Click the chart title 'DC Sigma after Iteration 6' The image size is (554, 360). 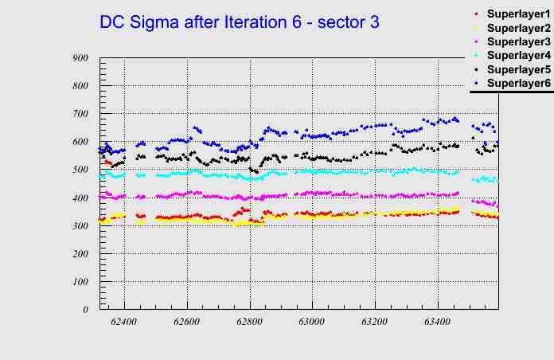(x=239, y=22)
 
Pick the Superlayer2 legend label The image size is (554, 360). (x=518, y=28)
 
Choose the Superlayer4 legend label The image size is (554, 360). (x=518, y=55)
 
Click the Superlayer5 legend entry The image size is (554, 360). (x=518, y=69)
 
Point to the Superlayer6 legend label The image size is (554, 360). (x=518, y=83)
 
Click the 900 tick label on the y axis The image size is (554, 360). (x=80, y=58)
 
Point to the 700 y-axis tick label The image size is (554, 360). (x=80, y=114)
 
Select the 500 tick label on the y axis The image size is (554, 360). (x=80, y=170)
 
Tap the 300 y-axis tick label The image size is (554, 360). (x=80, y=225)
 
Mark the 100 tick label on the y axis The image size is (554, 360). (x=80, y=282)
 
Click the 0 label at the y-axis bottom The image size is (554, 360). (x=86, y=310)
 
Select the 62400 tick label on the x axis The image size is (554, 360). (x=124, y=322)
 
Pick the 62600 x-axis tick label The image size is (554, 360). (x=187, y=322)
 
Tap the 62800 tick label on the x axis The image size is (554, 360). (x=249, y=322)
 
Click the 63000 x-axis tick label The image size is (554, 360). (x=312, y=322)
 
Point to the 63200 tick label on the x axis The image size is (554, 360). (x=375, y=322)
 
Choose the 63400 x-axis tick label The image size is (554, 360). (x=437, y=322)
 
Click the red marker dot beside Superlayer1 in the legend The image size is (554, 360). (x=476, y=14)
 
